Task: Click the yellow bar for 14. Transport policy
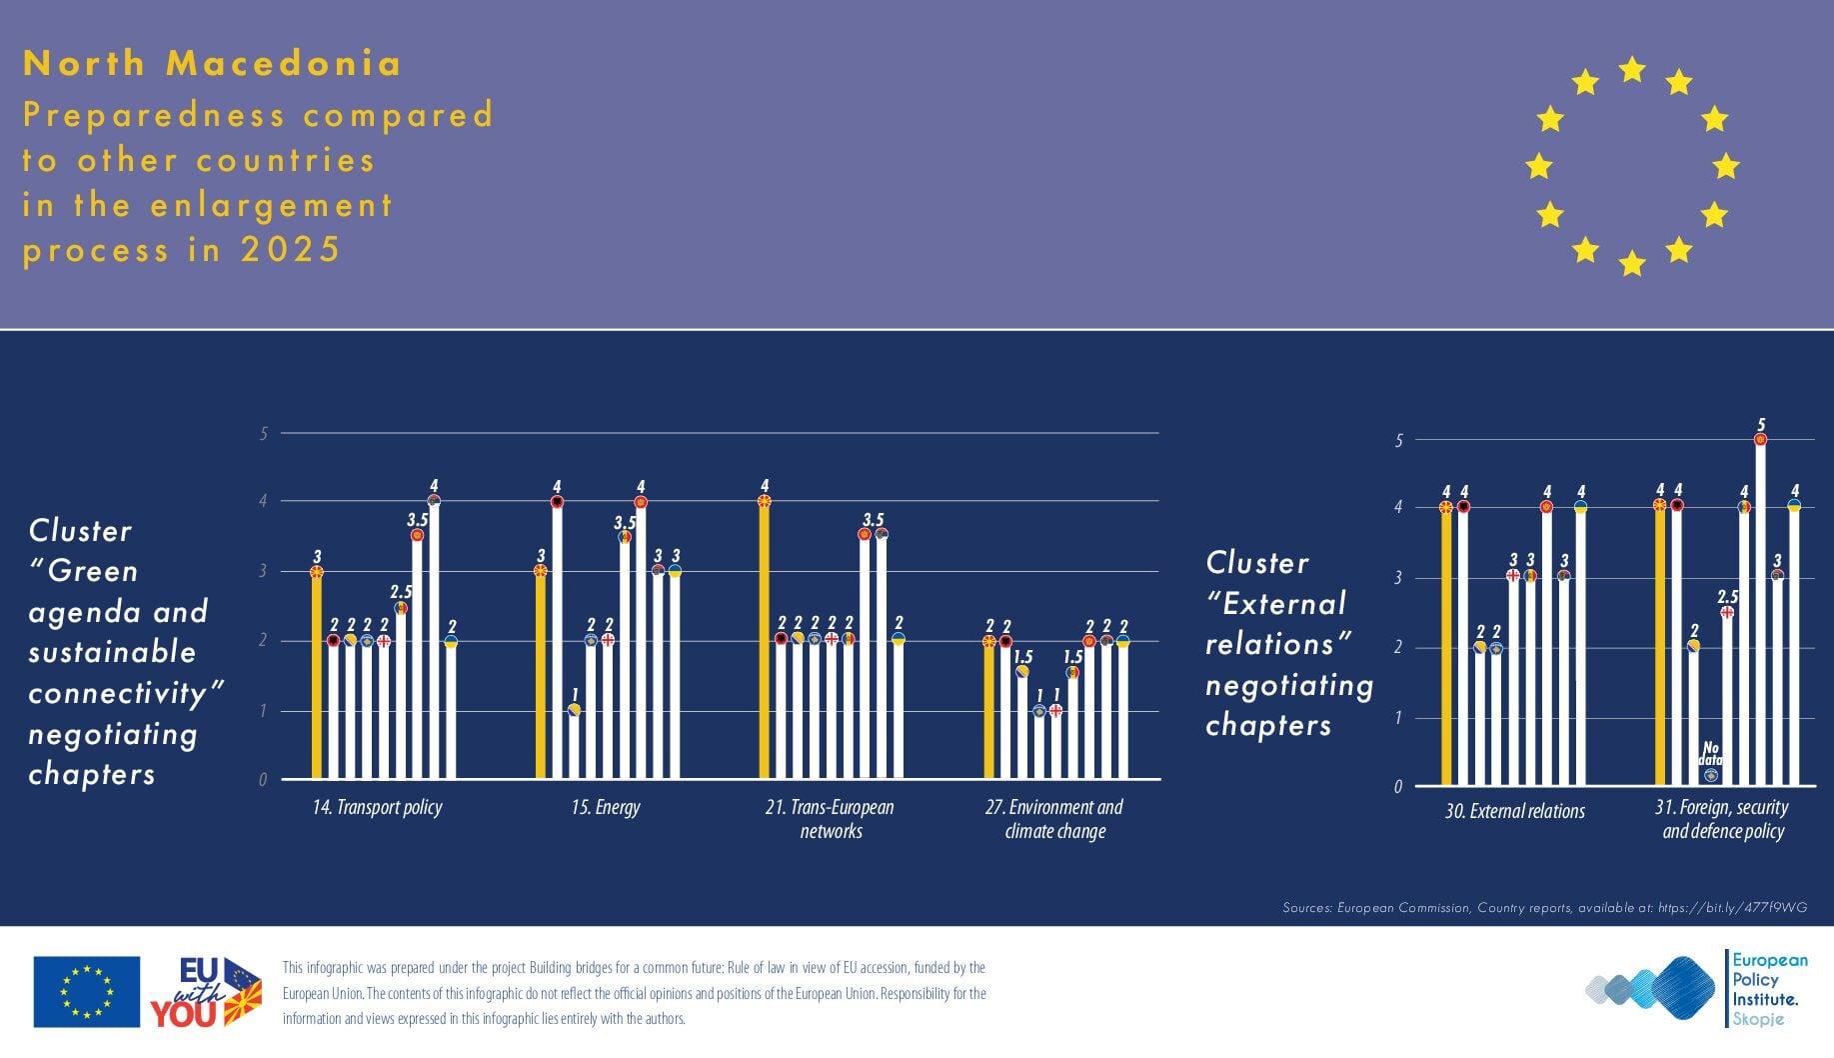317,680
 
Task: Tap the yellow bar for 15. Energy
541,680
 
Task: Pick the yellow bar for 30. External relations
1446,650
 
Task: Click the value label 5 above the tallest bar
1761,425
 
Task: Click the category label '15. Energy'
606,808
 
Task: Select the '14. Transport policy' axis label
377,808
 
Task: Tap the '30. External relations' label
1514,811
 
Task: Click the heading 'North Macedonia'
212,63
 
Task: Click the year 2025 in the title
291,249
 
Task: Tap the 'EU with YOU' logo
206,992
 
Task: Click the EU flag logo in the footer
87,992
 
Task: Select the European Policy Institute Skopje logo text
1769,989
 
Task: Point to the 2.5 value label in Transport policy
401,592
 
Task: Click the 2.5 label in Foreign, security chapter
1727,597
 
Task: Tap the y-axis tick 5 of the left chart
264,434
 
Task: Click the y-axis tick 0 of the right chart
1398,787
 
